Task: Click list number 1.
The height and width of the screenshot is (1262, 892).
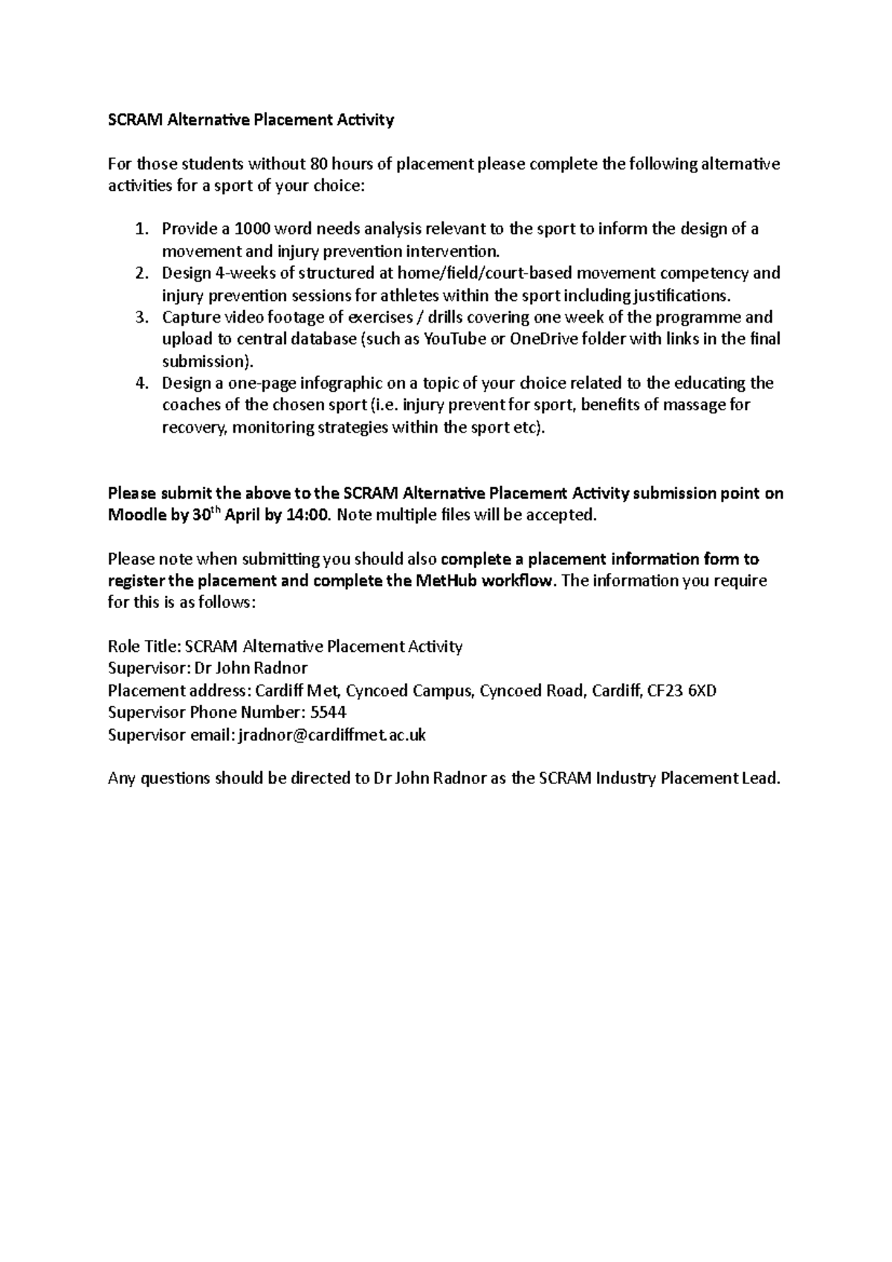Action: (142, 229)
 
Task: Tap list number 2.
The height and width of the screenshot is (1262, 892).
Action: (142, 273)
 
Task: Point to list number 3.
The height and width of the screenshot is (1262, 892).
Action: (142, 317)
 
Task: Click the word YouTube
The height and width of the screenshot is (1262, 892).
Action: (451, 340)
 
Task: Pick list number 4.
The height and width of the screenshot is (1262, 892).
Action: (142, 384)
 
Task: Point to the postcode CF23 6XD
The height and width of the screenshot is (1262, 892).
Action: (682, 691)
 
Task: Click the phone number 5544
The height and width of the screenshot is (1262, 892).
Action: (328, 713)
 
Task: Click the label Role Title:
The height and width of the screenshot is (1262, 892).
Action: (144, 647)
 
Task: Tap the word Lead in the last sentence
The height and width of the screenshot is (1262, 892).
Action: (759, 779)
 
